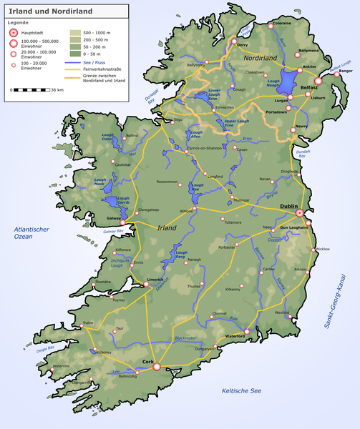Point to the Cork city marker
[157, 368]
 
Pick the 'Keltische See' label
[243, 391]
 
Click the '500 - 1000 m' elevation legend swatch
[75, 33]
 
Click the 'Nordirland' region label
[264, 56]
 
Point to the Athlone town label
[188, 211]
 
